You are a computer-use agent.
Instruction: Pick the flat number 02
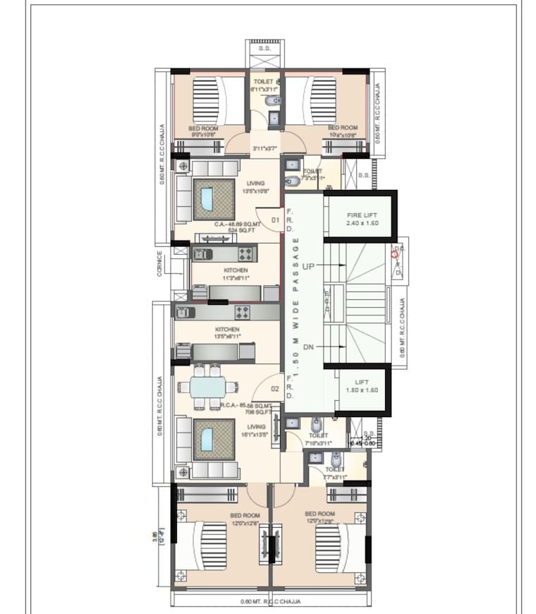(276, 387)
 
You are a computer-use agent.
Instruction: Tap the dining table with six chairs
(207, 387)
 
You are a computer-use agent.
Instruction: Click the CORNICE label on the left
(160, 263)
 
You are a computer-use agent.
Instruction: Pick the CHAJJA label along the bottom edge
(271, 601)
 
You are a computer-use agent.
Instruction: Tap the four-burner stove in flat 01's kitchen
(245, 253)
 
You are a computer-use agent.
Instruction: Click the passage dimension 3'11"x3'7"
(264, 149)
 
